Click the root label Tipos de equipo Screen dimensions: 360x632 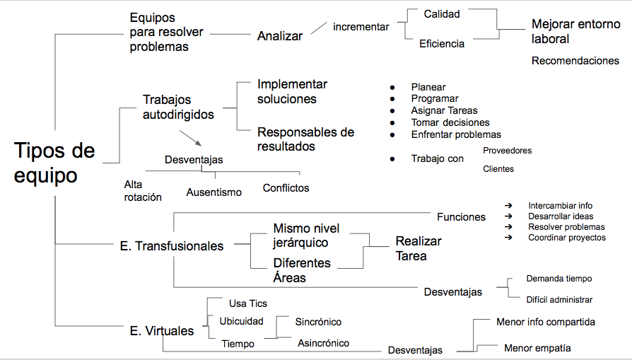click(54, 163)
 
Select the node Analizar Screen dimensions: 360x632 click(280, 36)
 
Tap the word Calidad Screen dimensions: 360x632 click(441, 13)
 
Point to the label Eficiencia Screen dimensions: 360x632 click(442, 44)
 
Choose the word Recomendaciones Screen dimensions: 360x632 click(575, 61)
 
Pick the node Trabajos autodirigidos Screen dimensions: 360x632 click(178, 107)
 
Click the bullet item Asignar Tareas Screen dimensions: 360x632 click(444, 110)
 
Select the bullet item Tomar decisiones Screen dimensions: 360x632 click(450, 122)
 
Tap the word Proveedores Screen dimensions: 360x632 click(507, 151)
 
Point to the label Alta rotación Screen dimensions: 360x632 click(143, 191)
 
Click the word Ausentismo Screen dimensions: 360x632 click(213, 192)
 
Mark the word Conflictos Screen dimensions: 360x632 click(286, 188)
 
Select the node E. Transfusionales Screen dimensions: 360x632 click(172, 246)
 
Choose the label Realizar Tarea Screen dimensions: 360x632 click(418, 248)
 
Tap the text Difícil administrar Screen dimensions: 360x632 click(559, 300)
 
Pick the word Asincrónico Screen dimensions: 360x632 click(322, 343)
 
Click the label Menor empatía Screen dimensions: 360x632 click(537, 348)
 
